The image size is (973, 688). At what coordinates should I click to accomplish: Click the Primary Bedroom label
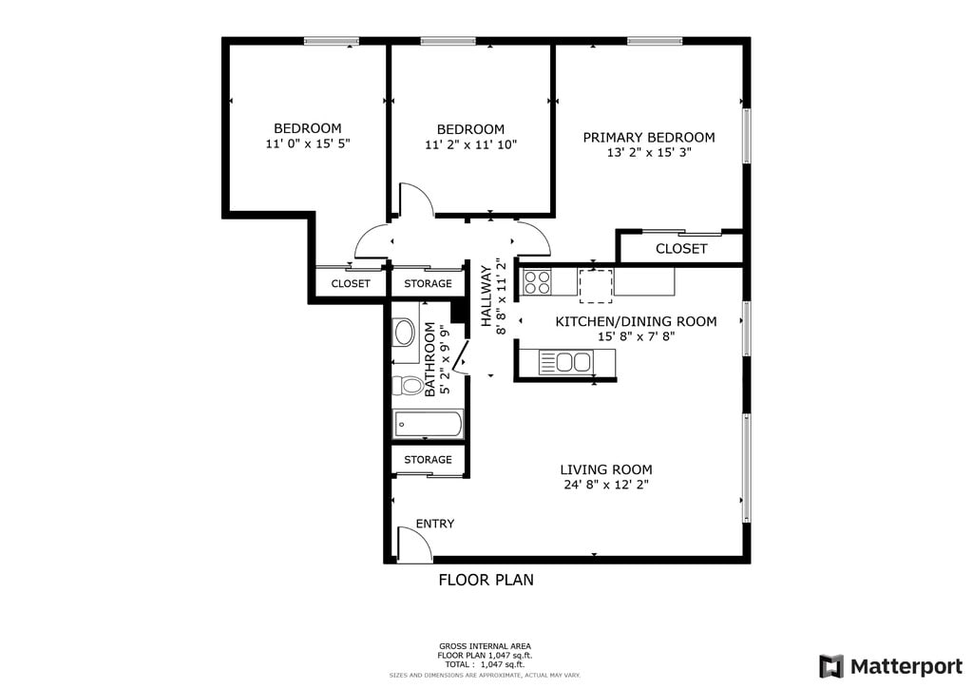coord(648,137)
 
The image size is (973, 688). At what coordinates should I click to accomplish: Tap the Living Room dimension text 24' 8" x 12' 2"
coord(605,485)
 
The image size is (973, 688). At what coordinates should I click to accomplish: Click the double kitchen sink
coord(565,362)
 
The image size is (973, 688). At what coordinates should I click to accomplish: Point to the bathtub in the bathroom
coord(428,425)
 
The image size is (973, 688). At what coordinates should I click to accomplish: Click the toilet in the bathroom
coord(407,385)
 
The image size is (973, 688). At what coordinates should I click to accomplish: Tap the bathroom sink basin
coord(405,334)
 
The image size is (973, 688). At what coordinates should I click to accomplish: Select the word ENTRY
coord(435,524)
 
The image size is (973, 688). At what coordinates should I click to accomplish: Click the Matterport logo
coord(890,667)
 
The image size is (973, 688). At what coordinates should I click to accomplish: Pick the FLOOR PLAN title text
coord(486,580)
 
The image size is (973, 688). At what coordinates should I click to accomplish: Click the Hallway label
coord(486,296)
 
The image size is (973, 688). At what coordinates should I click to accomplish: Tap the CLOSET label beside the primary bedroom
coord(681,249)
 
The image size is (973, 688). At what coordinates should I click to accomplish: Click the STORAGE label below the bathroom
coord(428,460)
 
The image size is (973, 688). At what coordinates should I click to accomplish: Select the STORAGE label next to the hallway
coord(428,283)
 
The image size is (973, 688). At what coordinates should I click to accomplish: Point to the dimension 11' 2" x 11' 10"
coord(471,144)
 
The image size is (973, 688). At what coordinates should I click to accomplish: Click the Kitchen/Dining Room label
coord(636,321)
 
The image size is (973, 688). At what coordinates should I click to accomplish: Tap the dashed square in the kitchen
coord(596,286)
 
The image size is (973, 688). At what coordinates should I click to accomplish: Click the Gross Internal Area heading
coord(485,646)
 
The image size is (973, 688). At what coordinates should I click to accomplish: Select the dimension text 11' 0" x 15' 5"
coord(308,143)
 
